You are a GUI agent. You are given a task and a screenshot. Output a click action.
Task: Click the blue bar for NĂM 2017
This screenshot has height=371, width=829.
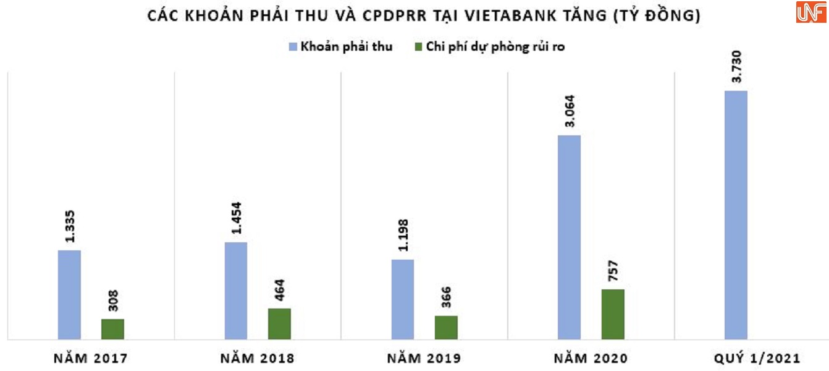pos(69,294)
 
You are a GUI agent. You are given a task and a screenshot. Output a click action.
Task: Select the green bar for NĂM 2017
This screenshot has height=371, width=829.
pos(112,329)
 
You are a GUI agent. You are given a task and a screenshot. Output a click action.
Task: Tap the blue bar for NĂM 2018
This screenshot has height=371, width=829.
pos(235,291)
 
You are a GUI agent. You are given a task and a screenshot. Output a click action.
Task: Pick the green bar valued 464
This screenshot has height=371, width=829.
pos(279,323)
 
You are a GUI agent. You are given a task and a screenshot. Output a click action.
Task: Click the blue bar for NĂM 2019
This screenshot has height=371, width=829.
pos(402,299)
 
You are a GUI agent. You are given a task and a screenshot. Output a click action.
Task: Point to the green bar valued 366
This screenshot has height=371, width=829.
pos(446,327)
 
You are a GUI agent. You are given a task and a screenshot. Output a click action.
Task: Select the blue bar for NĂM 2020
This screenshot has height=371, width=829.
pos(569,237)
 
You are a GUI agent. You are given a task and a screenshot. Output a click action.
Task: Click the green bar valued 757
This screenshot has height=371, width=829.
pos(613,314)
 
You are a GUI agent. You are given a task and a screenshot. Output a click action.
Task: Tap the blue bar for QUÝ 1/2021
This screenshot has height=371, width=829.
pos(736,215)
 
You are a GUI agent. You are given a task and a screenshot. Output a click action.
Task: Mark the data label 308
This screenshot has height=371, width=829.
pos(113,300)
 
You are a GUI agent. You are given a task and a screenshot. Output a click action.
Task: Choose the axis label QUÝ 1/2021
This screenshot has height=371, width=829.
pos(757,359)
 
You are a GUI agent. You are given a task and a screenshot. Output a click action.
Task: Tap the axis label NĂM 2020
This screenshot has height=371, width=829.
pos(591,359)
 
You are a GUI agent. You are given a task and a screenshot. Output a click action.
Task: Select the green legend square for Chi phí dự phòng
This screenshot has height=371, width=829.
pos(419,47)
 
